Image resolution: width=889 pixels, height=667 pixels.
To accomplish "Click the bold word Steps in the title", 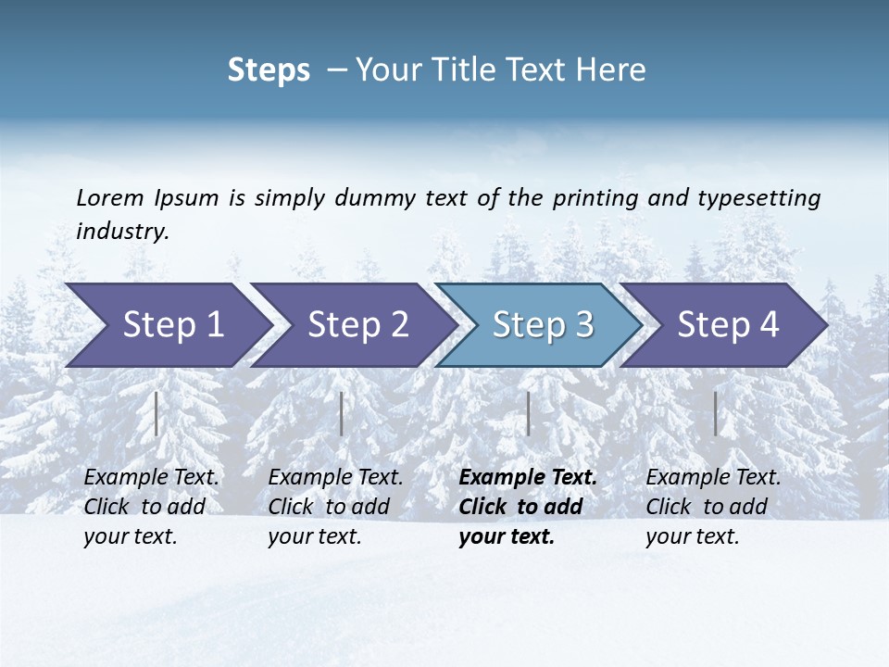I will coord(269,70).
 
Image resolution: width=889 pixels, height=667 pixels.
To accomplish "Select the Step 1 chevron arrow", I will coord(167,324).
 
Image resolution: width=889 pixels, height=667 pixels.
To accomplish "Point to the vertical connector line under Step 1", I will coord(157,413).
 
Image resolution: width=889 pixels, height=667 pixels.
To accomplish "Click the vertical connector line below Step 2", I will coord(342,413).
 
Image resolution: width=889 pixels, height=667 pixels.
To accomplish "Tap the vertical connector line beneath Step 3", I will coord(528,413).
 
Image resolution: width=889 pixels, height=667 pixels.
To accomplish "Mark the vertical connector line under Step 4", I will coord(715,413).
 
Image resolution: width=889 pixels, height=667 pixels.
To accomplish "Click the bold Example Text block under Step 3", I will coord(528,507).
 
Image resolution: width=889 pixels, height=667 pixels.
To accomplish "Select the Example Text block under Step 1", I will coord(151,507).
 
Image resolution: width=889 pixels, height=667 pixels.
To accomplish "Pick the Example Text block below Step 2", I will coord(335,507).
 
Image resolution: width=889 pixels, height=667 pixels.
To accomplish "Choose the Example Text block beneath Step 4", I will coord(713,507).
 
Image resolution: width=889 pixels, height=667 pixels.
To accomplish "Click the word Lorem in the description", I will coord(110,198).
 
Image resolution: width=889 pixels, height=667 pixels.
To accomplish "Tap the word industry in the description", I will coord(121,232).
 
